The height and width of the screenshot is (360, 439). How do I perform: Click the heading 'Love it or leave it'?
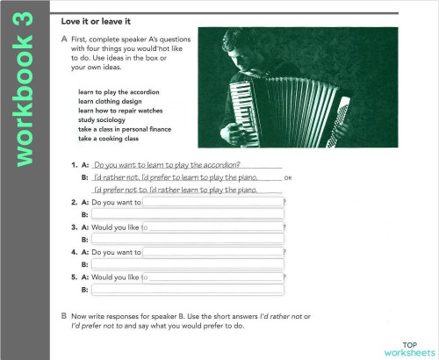pyautogui.click(x=97, y=20)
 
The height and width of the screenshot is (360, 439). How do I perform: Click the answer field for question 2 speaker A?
pyautogui.click(x=212, y=202)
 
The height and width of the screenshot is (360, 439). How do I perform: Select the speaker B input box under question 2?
pyautogui.click(x=187, y=214)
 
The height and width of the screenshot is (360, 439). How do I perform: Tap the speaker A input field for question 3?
pyautogui.click(x=212, y=227)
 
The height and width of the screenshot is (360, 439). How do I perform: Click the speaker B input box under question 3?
pyautogui.click(x=187, y=239)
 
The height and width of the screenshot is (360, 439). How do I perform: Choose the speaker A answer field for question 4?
pyautogui.click(x=212, y=252)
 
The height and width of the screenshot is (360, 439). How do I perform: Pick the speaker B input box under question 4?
pyautogui.click(x=187, y=264)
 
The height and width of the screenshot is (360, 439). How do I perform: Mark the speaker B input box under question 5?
pyautogui.click(x=187, y=289)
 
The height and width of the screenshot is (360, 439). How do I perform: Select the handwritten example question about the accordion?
pyautogui.click(x=167, y=164)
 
